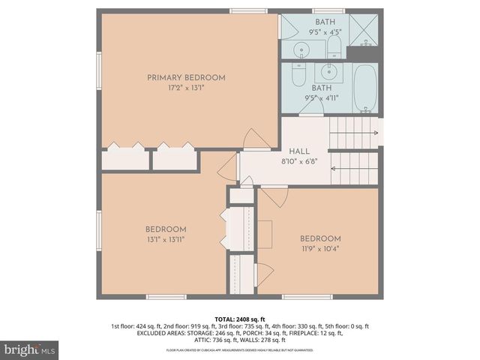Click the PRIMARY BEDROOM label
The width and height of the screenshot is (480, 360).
click(x=186, y=77)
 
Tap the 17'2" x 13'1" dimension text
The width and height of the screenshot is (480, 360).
click(x=186, y=88)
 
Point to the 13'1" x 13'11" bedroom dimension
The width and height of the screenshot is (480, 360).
click(x=166, y=239)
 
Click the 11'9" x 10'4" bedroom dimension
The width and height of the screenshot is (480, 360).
click(x=320, y=249)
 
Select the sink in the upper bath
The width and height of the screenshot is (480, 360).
click(x=301, y=49)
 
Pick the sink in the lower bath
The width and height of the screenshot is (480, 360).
click(x=327, y=72)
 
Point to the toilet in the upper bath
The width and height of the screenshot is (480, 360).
click(x=334, y=49)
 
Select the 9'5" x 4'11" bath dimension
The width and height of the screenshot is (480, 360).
click(x=322, y=97)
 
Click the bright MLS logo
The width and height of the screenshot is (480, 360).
click(x=30, y=349)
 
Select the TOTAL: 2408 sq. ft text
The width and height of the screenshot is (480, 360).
click(x=239, y=319)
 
